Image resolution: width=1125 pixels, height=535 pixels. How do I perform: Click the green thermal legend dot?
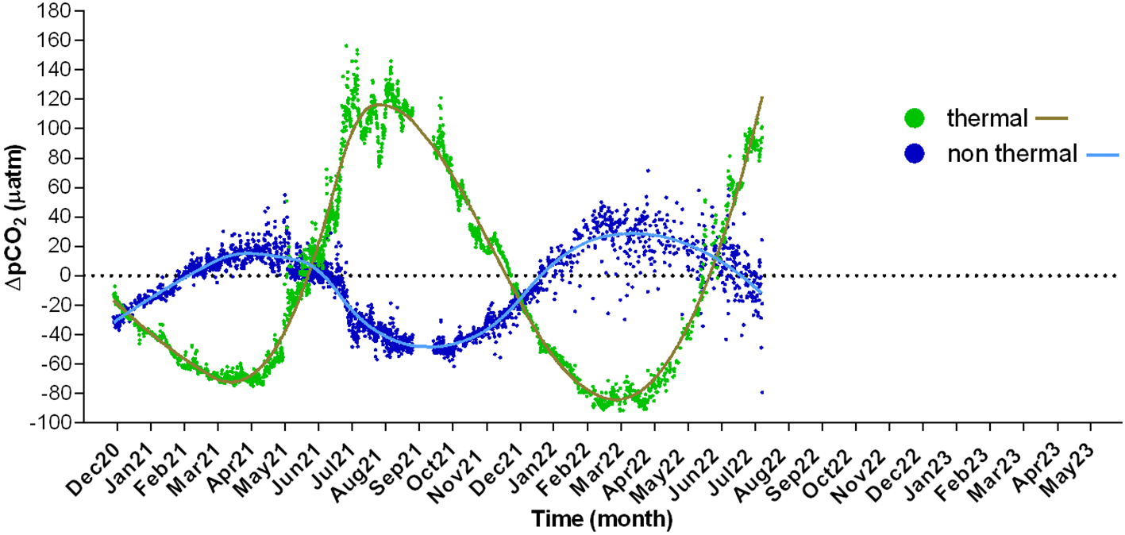pyautogui.click(x=917, y=119)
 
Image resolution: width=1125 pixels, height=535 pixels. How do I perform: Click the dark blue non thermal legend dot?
pyautogui.click(x=917, y=153)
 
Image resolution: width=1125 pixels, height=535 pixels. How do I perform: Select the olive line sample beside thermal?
pyautogui.click(x=1051, y=119)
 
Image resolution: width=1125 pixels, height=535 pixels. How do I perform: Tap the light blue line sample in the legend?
pyautogui.click(x=1100, y=154)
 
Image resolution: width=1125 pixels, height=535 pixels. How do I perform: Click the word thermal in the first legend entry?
pyautogui.click(x=988, y=119)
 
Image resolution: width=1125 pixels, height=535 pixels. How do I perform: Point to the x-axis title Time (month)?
pyautogui.click(x=602, y=520)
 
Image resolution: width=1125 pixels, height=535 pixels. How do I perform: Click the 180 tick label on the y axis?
pyautogui.click(x=54, y=10)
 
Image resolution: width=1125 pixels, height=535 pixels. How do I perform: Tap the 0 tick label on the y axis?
pyautogui.click(x=64, y=275)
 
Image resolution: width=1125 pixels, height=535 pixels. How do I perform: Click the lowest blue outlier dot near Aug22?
pyautogui.click(x=761, y=392)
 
